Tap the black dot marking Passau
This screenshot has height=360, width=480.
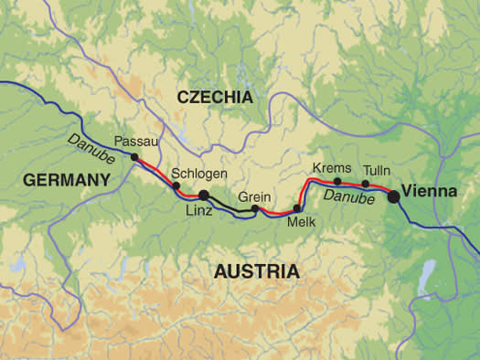click(134, 157)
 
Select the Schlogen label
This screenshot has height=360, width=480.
click(199, 174)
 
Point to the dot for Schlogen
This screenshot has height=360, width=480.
click(176, 186)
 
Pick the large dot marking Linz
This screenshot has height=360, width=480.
click(204, 196)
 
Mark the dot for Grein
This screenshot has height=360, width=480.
click(255, 209)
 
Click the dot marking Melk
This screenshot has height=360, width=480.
click(297, 208)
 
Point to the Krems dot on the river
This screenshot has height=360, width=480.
click(337, 181)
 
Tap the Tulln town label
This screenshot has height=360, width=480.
click(376, 170)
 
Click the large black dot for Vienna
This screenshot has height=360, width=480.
click(393, 195)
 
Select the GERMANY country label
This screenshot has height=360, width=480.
click(66, 181)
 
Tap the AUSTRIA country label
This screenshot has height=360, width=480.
click(256, 271)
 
